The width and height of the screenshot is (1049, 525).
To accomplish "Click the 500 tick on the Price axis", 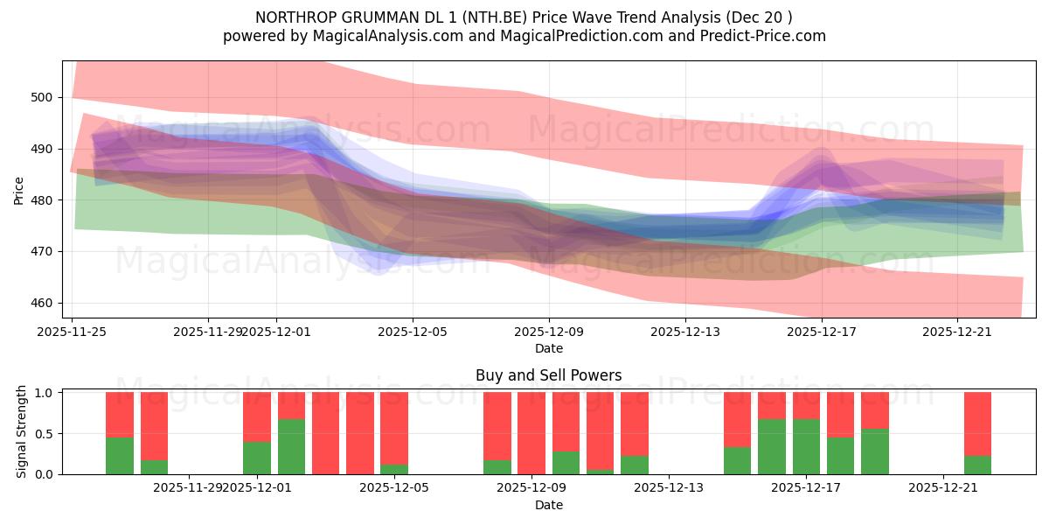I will click(43, 97).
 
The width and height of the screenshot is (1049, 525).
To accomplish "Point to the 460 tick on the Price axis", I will click(43, 303).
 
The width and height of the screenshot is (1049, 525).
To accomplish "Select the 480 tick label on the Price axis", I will click(43, 200).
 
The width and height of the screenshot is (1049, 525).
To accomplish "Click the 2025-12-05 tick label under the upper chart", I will click(413, 332).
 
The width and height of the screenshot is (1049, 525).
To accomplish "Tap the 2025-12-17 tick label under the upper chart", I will click(821, 332).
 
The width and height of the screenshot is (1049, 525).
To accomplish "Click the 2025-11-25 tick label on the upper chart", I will click(73, 332).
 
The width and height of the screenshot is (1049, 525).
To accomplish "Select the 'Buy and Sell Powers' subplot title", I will click(548, 375).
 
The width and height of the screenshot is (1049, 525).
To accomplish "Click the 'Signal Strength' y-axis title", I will click(22, 433).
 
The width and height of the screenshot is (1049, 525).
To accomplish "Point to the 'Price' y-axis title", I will click(19, 190).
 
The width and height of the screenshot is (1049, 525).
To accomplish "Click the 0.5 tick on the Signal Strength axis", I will click(43, 433).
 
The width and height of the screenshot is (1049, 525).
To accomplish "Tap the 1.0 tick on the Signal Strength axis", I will click(43, 392).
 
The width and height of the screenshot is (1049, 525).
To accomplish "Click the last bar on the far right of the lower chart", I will click(977, 433).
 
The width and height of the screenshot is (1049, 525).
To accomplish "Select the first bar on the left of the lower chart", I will click(120, 433).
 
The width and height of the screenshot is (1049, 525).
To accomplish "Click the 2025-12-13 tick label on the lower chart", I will click(668, 488).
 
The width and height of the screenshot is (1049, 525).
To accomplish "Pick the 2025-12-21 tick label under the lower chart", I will click(943, 488).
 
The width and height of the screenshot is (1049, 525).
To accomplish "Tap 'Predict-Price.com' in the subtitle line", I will click(764, 36).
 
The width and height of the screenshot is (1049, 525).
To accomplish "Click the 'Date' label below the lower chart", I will click(548, 505).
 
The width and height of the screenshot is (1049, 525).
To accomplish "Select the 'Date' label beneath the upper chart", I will click(548, 348).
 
